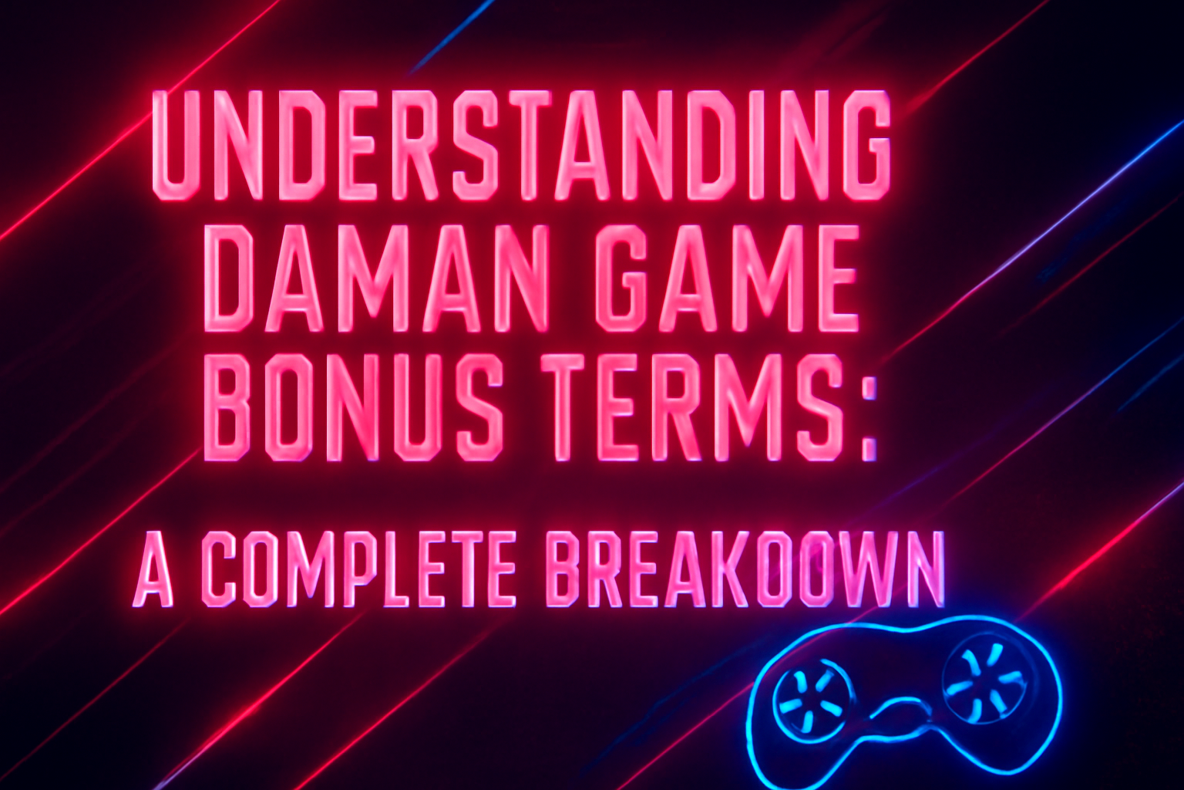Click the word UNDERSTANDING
tap(522, 147)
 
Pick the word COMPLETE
tap(362, 571)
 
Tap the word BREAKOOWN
tap(744, 571)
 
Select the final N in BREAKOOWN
tap(925, 571)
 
